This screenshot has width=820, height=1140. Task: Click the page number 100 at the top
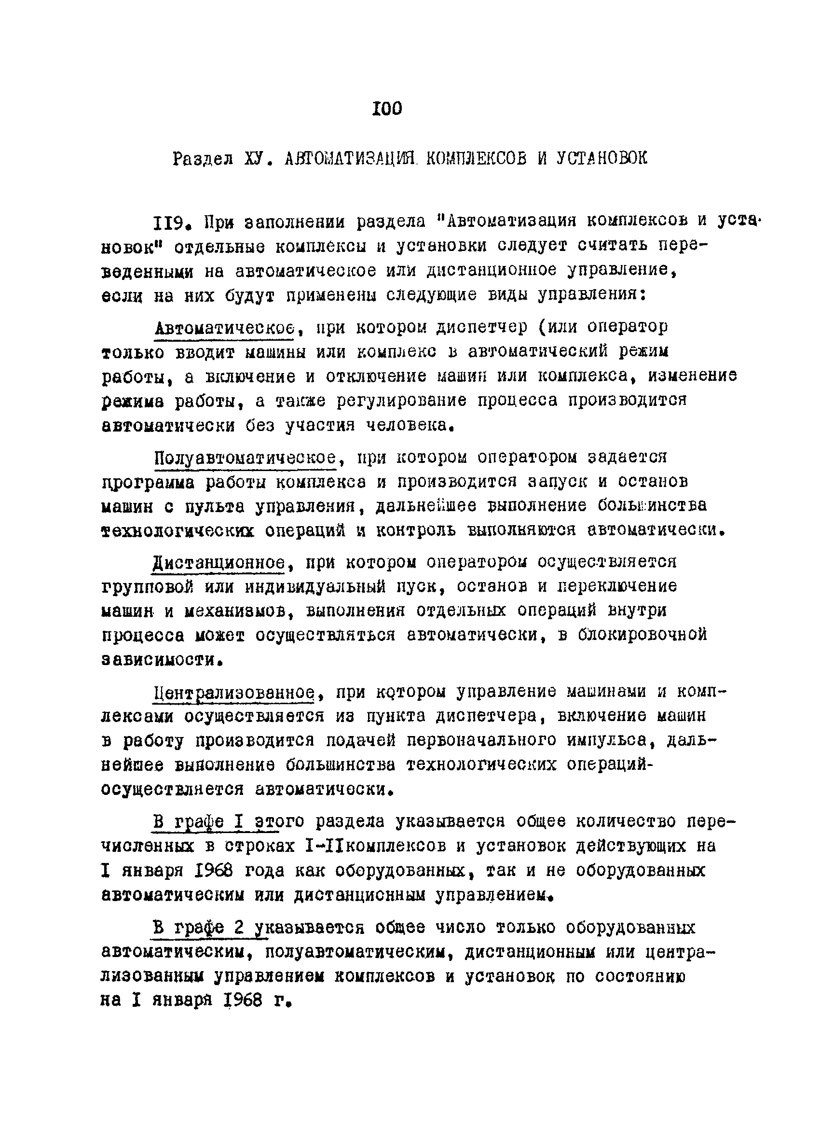pyautogui.click(x=387, y=108)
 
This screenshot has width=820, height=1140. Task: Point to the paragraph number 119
pyautogui.click(x=170, y=222)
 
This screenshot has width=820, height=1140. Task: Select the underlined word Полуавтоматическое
pyautogui.click(x=245, y=458)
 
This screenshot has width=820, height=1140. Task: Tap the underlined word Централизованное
pyautogui.click(x=234, y=693)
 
